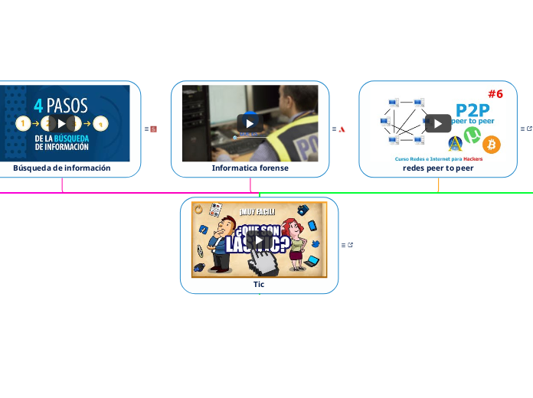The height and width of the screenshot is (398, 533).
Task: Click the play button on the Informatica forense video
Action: tap(250, 123)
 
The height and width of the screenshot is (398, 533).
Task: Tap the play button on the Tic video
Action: tap(259, 240)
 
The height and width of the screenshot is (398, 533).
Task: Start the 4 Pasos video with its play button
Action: tap(62, 123)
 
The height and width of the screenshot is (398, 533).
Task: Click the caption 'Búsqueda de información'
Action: tap(62, 168)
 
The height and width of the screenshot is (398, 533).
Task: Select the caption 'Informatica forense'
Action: tap(250, 168)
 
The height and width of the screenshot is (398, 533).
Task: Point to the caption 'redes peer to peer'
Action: tap(438, 168)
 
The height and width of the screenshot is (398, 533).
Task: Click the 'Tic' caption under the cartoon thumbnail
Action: tap(259, 284)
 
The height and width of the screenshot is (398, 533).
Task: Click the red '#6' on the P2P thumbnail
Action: tap(495, 94)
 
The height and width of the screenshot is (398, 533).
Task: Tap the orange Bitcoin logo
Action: tap(492, 144)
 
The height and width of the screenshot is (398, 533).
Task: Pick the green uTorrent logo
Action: tap(473, 136)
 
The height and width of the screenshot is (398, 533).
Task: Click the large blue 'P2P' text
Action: tap(473, 109)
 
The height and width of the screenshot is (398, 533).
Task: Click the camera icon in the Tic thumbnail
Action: tap(302, 210)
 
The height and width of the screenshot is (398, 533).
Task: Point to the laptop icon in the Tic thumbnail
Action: tap(311, 262)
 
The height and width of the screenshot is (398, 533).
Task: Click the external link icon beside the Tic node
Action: tap(351, 245)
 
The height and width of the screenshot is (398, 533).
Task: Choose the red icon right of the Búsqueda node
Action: tap(153, 129)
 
